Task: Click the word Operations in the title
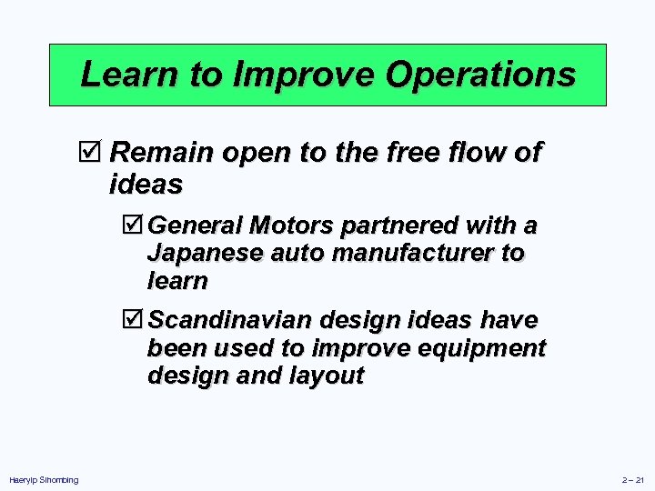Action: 480,75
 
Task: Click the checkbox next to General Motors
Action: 135,224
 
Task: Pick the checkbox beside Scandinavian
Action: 135,320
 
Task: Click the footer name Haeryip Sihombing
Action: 44,479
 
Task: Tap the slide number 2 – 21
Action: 632,479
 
